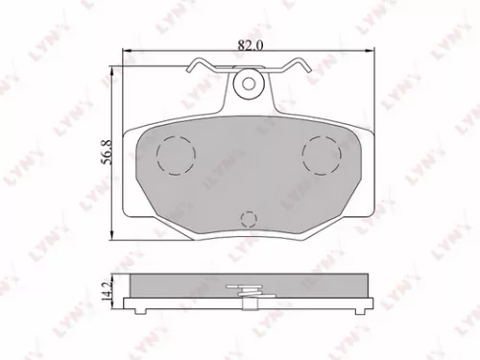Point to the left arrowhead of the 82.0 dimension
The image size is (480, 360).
click(x=128, y=51)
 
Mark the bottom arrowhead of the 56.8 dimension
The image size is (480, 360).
click(x=115, y=238)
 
